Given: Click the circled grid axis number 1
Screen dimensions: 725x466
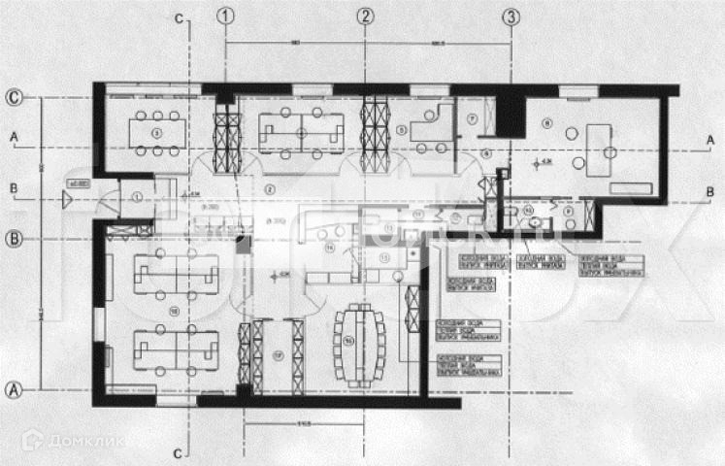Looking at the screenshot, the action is [226, 16].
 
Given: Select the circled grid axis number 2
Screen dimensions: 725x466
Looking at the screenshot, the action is [365, 16].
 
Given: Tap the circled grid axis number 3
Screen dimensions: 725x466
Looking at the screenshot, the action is [511, 16].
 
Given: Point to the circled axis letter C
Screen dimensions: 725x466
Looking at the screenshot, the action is [15, 97].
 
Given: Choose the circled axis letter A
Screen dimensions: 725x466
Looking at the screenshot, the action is [15, 388].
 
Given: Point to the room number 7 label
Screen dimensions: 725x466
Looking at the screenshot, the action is [470, 118].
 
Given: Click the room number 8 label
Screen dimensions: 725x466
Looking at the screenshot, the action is [547, 121].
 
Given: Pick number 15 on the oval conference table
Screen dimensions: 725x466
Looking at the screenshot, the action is [349, 340].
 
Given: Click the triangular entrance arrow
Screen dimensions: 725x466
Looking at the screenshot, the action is [66, 201].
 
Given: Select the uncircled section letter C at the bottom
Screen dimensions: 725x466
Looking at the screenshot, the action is [179, 452].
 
